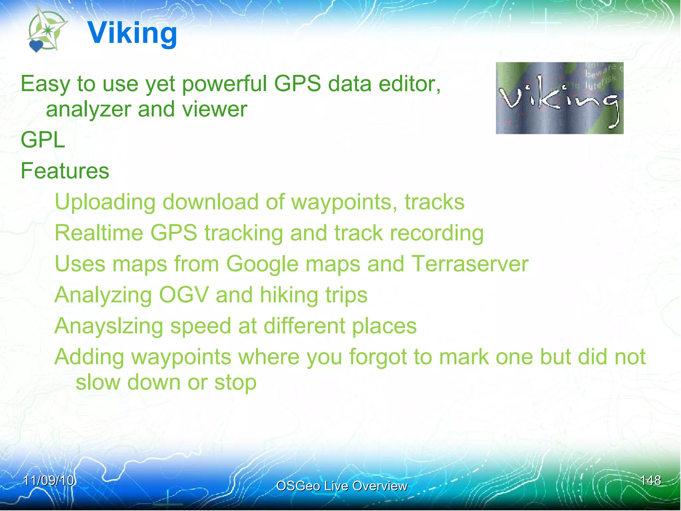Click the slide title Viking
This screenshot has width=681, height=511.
(132, 33)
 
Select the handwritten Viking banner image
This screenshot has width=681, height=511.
(559, 98)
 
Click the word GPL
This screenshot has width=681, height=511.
(43, 140)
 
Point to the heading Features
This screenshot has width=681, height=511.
(65, 171)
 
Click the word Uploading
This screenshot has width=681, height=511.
(105, 202)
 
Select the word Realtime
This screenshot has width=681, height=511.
(99, 233)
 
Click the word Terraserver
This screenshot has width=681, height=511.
(470, 264)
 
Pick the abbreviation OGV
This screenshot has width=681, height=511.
(184, 295)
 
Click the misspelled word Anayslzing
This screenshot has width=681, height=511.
(109, 326)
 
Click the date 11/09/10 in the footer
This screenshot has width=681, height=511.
(49, 481)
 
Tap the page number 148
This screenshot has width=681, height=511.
(650, 481)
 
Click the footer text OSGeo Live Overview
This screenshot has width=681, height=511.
(341, 486)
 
